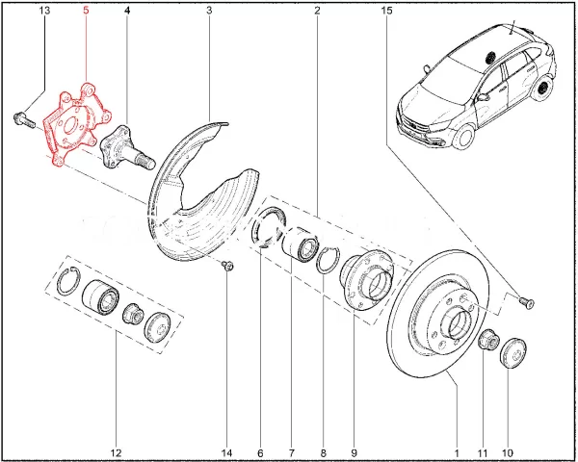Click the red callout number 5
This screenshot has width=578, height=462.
click(86, 10)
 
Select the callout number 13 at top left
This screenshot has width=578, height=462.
click(44, 10)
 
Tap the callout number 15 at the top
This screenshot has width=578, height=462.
click(386, 11)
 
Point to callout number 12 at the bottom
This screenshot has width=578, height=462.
click(116, 452)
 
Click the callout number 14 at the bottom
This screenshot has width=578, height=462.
click(226, 452)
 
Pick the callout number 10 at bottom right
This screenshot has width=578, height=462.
click(508, 452)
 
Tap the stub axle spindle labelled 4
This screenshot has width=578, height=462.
click(127, 149)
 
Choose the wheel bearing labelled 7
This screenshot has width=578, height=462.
click(300, 244)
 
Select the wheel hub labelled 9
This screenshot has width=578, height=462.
click(367, 279)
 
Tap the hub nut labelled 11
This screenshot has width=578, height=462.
click(488, 339)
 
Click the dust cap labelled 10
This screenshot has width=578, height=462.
click(512, 351)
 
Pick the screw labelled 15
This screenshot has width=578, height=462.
click(526, 303)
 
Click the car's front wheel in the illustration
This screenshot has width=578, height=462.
click(463, 137)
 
